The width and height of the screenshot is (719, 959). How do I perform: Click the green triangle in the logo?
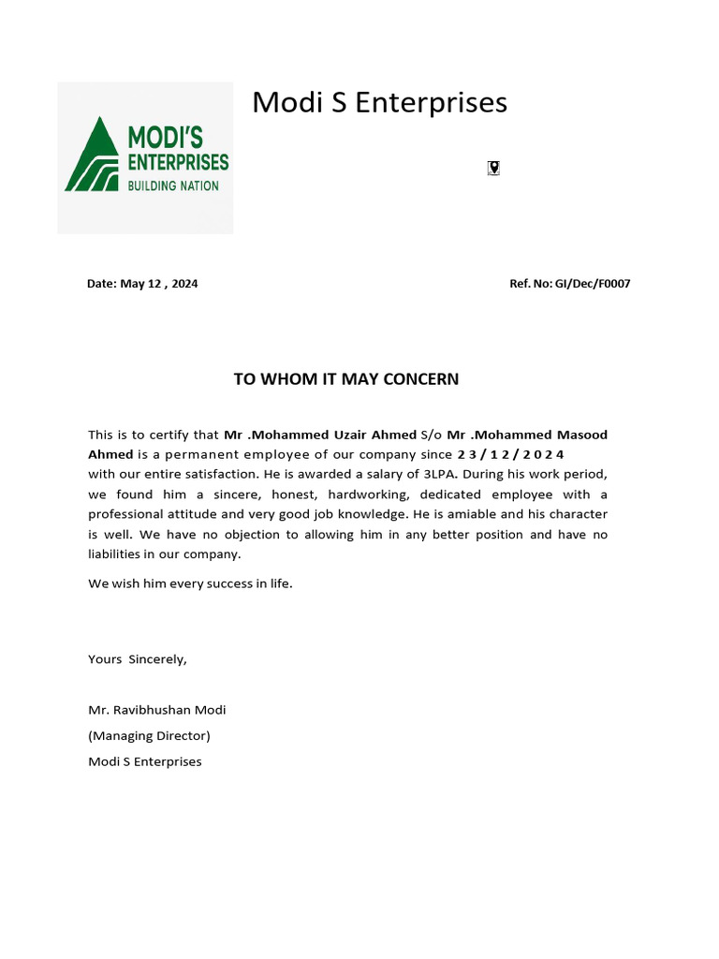click(92, 157)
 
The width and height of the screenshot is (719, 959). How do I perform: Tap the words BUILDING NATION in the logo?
click(173, 185)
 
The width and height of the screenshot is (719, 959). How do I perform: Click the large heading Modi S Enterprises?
click(379, 102)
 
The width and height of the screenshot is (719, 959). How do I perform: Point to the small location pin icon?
click(493, 168)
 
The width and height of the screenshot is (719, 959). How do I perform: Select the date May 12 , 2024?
click(158, 284)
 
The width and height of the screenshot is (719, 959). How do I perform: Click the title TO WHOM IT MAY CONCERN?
click(345, 379)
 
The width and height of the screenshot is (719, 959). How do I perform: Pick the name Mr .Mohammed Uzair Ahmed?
click(320, 435)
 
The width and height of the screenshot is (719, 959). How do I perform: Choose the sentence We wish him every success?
click(190, 583)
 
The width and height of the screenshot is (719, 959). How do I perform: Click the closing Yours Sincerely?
click(138, 659)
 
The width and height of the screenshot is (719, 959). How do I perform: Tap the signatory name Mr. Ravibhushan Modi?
click(157, 710)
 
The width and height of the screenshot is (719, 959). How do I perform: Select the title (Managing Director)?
click(149, 736)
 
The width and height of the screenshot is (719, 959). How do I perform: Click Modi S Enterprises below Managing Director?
click(145, 761)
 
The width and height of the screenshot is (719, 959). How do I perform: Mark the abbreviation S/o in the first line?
click(432, 435)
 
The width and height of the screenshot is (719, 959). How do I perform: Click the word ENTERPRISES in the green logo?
click(178, 162)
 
